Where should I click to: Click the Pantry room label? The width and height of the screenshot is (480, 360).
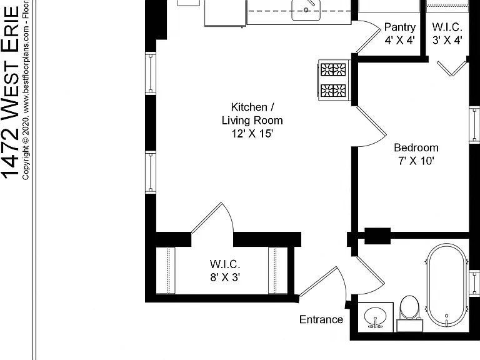coord(400,27)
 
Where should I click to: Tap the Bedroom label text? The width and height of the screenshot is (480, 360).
coord(416,147)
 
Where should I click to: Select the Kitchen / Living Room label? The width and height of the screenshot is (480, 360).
coord(252,114)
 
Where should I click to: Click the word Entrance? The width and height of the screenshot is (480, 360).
coord(321,319)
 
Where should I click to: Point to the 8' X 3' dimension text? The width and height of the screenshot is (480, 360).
coord(225,277)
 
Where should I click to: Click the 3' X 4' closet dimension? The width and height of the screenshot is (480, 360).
coord(447,40)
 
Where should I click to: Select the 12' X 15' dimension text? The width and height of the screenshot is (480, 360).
coord(252,134)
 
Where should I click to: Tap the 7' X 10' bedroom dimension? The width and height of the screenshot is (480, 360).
coord(416,161)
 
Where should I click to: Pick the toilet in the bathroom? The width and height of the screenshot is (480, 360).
coord(410,313)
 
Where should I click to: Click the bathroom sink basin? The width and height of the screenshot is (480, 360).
coord(376,317)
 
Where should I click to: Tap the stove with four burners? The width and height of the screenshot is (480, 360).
coord(334,80)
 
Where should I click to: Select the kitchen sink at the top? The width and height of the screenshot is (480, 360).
coord(306,10)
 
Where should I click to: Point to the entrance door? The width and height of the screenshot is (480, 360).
coord(322,283)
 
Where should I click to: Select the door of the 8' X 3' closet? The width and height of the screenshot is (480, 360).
coord(212,217)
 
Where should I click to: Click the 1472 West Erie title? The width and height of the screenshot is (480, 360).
coord(11,92)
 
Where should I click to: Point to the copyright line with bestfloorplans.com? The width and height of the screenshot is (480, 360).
coord(26,90)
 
